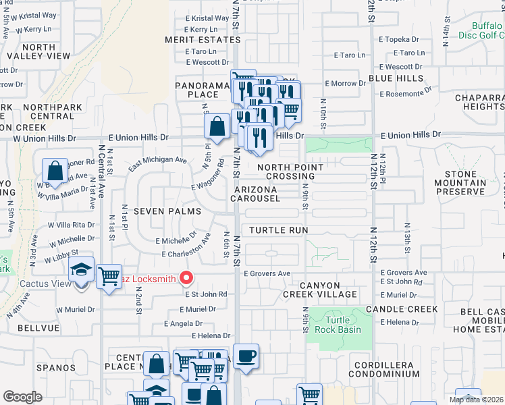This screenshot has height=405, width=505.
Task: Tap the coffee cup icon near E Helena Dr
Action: coord(246,356)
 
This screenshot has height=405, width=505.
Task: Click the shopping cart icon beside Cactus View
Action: coord(109,275)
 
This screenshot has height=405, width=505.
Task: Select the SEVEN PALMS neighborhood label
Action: coord(167,211)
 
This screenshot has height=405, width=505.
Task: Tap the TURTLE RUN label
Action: coord(278,230)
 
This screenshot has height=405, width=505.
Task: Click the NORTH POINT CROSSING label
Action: coord(290,171)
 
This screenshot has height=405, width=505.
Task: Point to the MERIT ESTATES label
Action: coord(193,40)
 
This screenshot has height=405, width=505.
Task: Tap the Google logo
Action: coord(22,397)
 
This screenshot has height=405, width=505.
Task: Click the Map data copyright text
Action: coord(476,400)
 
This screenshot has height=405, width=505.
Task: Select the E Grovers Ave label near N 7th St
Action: coord(267,273)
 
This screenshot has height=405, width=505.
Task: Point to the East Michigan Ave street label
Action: coord(157,161)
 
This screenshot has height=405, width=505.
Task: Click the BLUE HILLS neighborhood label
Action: coord(396,78)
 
